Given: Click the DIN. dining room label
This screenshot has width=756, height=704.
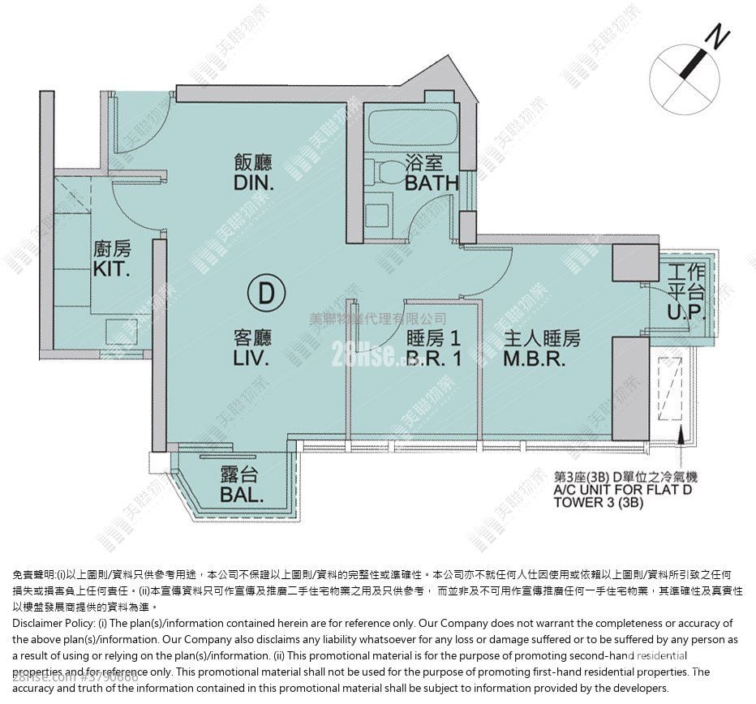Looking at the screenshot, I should (x=254, y=183).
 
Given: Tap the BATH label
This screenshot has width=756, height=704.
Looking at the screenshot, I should (x=432, y=183).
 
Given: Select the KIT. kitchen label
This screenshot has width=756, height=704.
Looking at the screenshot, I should (x=111, y=269).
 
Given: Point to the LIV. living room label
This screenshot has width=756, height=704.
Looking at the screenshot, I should (x=252, y=358).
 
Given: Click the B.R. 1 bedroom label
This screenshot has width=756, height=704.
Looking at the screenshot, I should (x=434, y=358).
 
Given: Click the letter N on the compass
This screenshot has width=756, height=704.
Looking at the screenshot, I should (x=717, y=36).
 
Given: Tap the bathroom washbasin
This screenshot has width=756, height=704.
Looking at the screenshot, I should (x=378, y=213).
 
